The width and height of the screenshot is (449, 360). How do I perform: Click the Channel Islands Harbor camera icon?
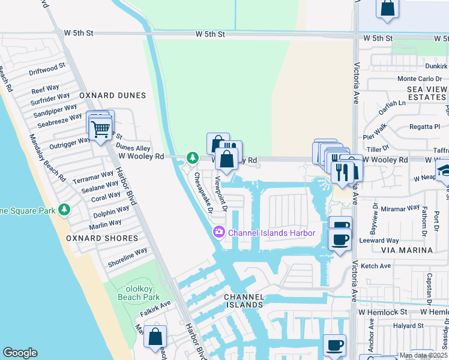pyautogui.click(x=219, y=232)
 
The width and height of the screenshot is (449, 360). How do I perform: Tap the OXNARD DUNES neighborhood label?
pyautogui.click(x=112, y=95)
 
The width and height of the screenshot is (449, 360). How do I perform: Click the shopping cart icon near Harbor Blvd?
pyautogui.click(x=100, y=127)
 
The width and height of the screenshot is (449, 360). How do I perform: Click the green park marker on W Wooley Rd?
pyautogui.click(x=192, y=158)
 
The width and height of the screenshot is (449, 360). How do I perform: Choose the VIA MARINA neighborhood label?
pyautogui.click(x=407, y=250)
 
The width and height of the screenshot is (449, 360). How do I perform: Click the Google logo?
pyautogui.click(x=20, y=353)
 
